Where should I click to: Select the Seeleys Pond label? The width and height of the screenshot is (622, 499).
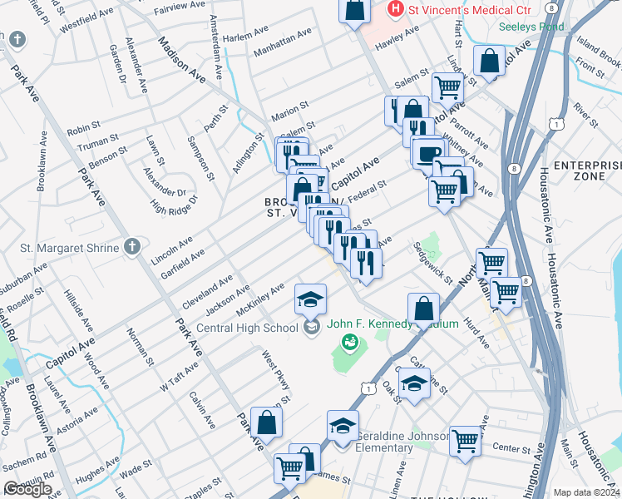click(x=531, y=26)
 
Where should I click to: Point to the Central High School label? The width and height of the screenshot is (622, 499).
click(x=246, y=327)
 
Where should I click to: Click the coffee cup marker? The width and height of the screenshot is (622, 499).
click(x=429, y=153)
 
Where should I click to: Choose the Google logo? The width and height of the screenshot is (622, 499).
click(x=27, y=489)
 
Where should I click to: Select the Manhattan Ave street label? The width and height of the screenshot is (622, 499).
click(x=283, y=41)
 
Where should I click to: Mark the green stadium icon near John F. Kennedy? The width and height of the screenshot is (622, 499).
click(x=350, y=341)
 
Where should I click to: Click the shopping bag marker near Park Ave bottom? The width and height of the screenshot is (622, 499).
click(x=267, y=422)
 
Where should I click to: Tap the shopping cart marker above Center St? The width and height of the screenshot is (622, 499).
click(x=465, y=440)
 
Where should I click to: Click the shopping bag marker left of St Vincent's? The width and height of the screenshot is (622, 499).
click(x=354, y=10)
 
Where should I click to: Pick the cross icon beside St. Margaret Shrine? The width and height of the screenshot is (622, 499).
click(x=131, y=246)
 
